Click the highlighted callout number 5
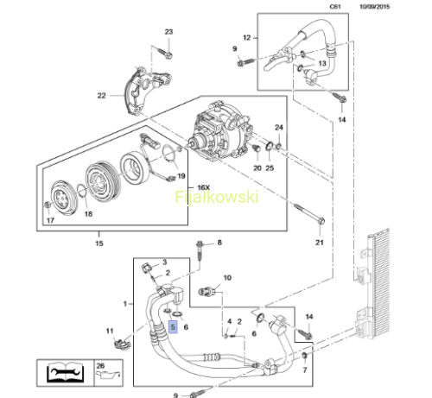[x=173, y=327]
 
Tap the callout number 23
[x=168, y=32]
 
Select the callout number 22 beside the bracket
[x=101, y=96]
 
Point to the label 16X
[x=204, y=187]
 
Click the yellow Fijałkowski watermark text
[x=217, y=197]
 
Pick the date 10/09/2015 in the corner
[x=374, y=7]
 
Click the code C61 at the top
[x=335, y=7]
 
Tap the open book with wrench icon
[x=66, y=372]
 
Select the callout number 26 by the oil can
[x=100, y=366]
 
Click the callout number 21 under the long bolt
[x=320, y=243]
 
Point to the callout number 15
[x=99, y=243]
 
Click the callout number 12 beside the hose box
[x=247, y=38]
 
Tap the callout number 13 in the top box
[x=322, y=63]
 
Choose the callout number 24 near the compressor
[x=279, y=127]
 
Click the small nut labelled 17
[x=48, y=205]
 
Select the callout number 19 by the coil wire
[x=181, y=176]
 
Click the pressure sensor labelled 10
[x=206, y=292]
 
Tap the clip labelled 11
[x=122, y=344]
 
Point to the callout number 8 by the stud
[x=219, y=243]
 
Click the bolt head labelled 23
[x=168, y=55]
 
